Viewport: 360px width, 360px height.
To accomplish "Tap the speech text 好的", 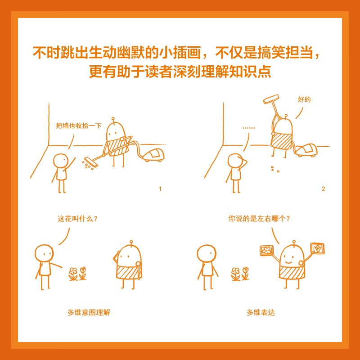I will [304, 99].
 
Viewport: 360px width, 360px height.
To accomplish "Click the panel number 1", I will [160, 189].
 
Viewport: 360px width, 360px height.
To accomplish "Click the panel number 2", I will [323, 189].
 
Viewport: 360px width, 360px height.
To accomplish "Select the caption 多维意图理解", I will [89, 312].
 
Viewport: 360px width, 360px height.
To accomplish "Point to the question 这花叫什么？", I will [78, 219].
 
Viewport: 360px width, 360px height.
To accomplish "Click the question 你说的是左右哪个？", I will [259, 219].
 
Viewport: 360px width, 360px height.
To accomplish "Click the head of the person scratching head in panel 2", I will [235, 161].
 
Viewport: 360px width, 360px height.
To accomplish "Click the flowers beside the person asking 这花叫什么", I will [77, 274].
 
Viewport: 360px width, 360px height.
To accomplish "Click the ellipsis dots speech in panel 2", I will [248, 128].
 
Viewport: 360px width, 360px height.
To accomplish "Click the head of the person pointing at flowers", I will [44, 253].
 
